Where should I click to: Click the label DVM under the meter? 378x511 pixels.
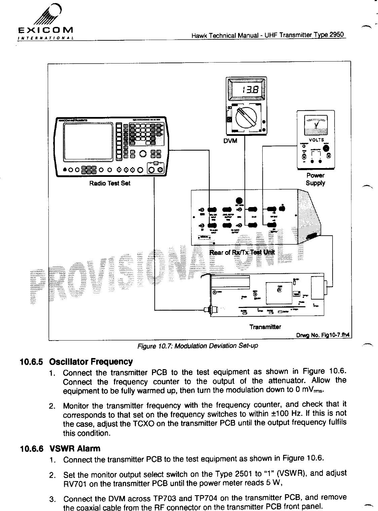pos(230,141)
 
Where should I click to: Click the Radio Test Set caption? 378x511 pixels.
pos(110,184)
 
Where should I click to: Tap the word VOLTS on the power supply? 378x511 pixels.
pos(316,140)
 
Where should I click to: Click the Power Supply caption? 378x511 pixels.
pos(315,179)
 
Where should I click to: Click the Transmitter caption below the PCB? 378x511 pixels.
pos(265,327)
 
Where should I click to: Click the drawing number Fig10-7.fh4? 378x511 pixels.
pos(323,335)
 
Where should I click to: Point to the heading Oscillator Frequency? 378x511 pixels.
pos(91,362)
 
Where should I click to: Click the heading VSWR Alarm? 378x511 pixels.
pos(75,448)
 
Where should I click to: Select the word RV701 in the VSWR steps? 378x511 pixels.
pos(73,484)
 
